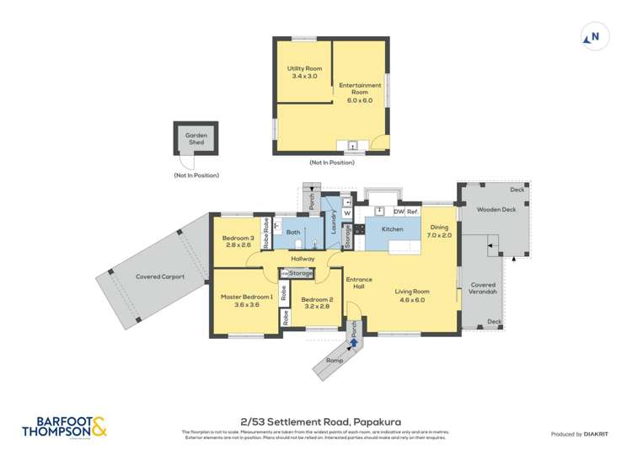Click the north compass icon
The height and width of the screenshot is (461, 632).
[x=592, y=37]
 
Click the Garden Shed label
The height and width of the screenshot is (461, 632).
[x=196, y=139]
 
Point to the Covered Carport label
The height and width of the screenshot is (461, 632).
[x=154, y=276]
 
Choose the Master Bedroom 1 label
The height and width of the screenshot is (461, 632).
[x=246, y=301]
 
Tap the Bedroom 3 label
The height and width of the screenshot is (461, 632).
[x=238, y=242]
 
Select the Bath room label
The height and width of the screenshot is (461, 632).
[x=293, y=232]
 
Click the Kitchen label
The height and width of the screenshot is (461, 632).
[x=392, y=229]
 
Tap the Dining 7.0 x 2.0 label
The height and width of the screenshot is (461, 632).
[x=440, y=232]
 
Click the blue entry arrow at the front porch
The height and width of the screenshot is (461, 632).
[x=354, y=341]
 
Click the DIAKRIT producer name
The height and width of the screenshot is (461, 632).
[x=600, y=434]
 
